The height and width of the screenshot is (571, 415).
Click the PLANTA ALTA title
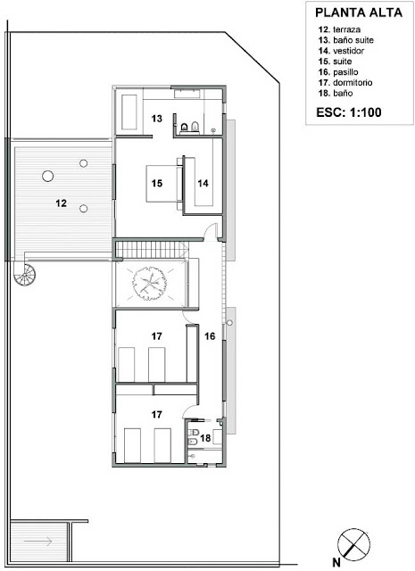[x=359, y=12]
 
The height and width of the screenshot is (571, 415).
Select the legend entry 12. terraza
[x=339, y=29]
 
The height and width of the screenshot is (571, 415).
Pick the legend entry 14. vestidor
[x=341, y=51]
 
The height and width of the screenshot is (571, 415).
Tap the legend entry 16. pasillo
[x=338, y=71]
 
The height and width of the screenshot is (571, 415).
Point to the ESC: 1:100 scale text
[x=349, y=112]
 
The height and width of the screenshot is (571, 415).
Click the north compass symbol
[x=353, y=545]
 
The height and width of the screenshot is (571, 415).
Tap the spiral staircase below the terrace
[x=25, y=274]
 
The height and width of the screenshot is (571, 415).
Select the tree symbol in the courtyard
[x=150, y=283]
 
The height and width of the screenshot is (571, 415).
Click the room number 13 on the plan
[x=157, y=119]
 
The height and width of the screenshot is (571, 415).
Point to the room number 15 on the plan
[x=157, y=183]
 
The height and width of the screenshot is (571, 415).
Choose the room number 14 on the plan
[x=203, y=183]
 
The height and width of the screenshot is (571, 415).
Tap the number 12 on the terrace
[x=62, y=203]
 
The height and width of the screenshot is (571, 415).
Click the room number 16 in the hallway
[x=210, y=336]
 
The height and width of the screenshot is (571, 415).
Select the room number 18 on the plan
[x=205, y=437]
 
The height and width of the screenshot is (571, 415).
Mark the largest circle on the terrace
[x=47, y=177]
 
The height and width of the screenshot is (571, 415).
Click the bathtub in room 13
[x=129, y=112]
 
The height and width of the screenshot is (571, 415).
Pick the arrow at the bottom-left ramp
[x=38, y=542]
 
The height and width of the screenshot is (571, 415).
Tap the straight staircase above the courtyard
[x=152, y=250]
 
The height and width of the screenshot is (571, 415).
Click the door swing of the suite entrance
[x=211, y=232]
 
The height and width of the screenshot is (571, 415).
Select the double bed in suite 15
[x=164, y=183]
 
